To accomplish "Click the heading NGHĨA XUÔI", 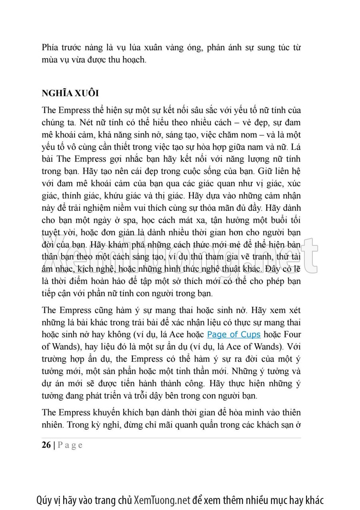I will coord(70,93).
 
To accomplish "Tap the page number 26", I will coord(46,445).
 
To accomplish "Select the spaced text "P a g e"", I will coord(70,445).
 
